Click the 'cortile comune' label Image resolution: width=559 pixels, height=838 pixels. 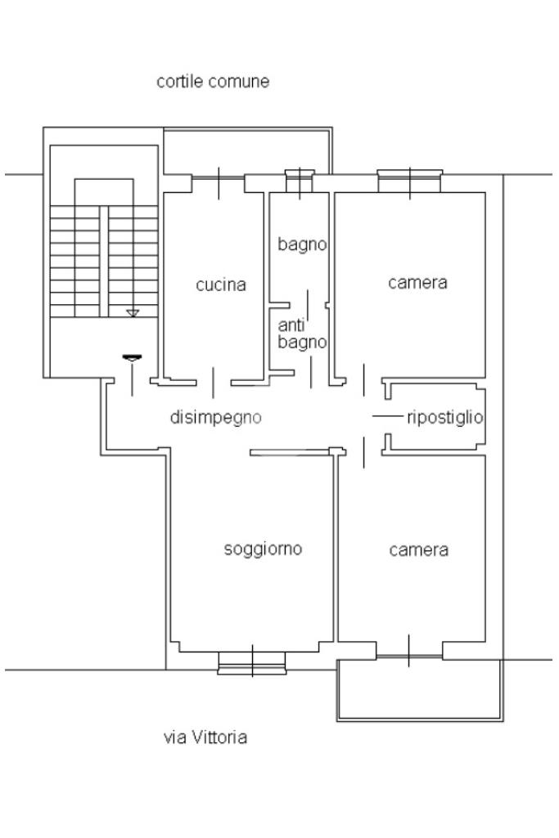coord(213,82)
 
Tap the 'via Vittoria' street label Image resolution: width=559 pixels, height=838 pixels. coord(205,737)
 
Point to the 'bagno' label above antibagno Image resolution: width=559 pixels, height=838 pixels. coord(302,244)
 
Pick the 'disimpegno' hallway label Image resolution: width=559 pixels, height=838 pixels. coord(215,417)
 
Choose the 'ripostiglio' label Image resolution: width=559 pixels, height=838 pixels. coord(444,417)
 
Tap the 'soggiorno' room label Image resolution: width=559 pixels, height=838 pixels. coord(263,549)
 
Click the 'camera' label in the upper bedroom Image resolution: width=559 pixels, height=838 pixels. coord(417,283)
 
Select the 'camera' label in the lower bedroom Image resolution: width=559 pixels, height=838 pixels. coord(418,549)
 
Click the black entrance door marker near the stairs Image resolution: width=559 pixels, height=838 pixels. coord(131,357)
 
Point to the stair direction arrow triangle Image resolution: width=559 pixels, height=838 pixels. coord(133,313)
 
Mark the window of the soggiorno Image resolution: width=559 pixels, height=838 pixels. coord(252,661)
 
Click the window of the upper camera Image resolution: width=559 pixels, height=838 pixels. coord(409,181)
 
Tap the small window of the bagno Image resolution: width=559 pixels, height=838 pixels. coord(299,181)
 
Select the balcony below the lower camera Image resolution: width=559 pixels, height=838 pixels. coord(419,690)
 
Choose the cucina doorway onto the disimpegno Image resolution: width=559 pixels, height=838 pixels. coord(214,382)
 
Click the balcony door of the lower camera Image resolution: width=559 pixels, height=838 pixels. coord(409,650)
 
